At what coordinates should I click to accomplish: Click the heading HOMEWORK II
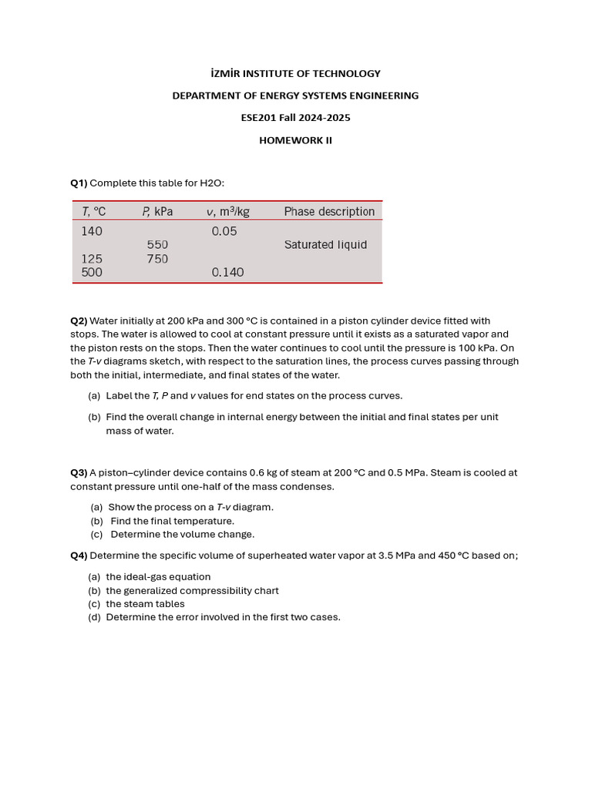(295, 140)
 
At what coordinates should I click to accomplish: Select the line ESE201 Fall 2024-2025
(295, 118)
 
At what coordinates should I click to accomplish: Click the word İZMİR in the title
(228, 73)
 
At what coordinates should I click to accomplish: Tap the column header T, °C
(94, 211)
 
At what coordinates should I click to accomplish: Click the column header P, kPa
(157, 211)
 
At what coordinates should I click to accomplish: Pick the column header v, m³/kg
(227, 211)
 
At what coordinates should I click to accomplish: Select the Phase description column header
(329, 211)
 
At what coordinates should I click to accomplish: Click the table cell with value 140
(92, 230)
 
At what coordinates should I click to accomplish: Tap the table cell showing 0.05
(224, 230)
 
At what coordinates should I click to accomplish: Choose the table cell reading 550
(157, 245)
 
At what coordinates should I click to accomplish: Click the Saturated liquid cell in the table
(325, 245)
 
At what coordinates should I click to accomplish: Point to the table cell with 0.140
(227, 272)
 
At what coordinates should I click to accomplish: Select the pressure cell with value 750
(157, 259)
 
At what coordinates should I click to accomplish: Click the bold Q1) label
(79, 183)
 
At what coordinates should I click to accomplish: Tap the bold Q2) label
(79, 321)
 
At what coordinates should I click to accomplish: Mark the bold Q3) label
(79, 472)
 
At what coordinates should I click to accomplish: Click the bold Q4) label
(79, 556)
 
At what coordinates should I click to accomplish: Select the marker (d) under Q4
(95, 617)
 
